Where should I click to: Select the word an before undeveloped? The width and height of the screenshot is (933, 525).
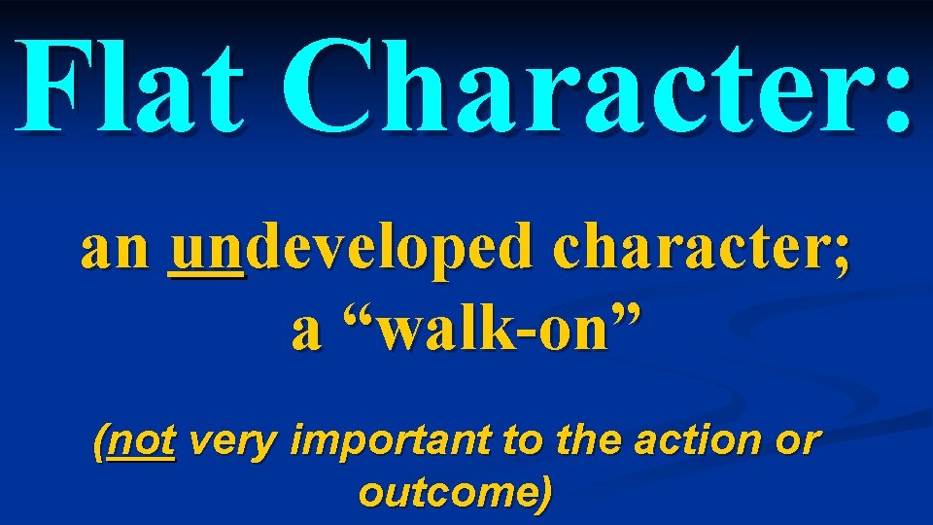[x=115, y=252]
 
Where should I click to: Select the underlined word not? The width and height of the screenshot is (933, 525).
[x=144, y=442]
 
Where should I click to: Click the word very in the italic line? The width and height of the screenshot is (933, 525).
[x=231, y=444]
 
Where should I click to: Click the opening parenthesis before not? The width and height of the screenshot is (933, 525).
[x=100, y=444]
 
